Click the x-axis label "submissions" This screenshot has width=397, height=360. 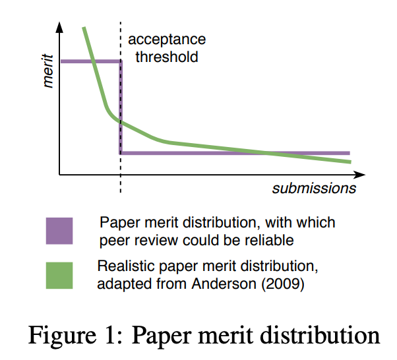[314, 189]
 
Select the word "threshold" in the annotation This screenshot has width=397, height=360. [166, 57]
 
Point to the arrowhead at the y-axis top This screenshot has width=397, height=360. [59, 27]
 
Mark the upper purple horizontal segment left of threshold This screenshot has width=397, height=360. [89, 61]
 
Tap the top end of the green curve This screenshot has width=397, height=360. [84, 28]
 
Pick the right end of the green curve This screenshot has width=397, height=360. [350, 161]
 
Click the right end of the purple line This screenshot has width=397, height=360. [348, 153]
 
